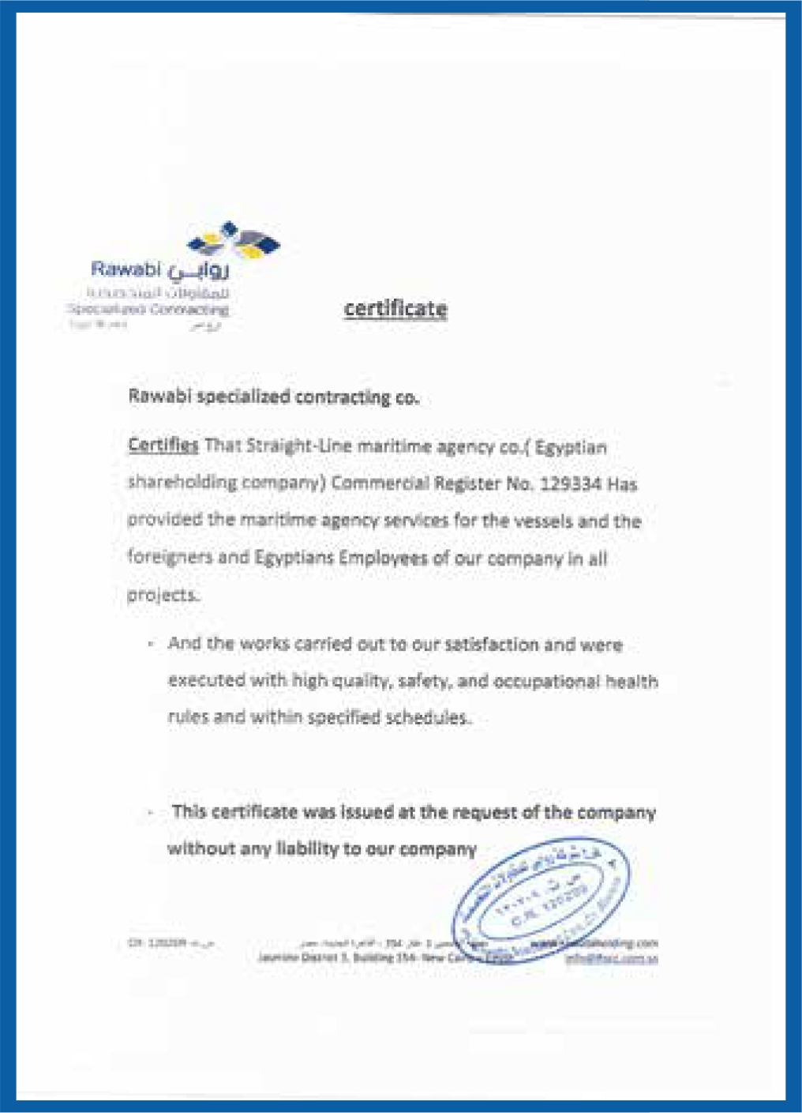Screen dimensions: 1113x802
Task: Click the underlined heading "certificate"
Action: pyautogui.click(x=395, y=308)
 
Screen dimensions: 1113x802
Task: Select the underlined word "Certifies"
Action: pyautogui.click(x=163, y=445)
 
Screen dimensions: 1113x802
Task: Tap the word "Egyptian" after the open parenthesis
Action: pyautogui.click(x=571, y=448)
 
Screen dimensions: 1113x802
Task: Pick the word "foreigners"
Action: pyautogui.click(x=170, y=557)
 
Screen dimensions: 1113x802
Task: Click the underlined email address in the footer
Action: pyautogui.click(x=611, y=958)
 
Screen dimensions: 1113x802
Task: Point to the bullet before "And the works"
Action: pyautogui.click(x=150, y=645)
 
